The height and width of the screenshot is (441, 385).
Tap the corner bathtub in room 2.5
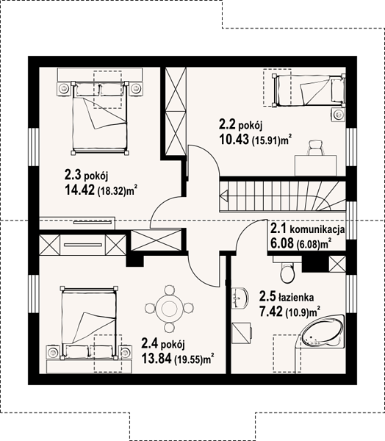tap(323, 334)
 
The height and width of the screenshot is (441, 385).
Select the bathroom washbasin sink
tap(240, 298)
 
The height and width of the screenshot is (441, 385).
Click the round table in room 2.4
tap(169, 309)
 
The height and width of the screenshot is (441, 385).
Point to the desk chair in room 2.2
tap(316, 148)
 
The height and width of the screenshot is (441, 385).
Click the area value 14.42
tap(79, 190)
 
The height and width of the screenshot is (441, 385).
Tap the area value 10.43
tap(234, 139)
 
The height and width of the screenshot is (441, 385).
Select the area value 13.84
tap(156, 359)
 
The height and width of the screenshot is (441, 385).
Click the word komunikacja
tap(317, 230)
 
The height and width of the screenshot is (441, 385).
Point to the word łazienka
tap(296, 297)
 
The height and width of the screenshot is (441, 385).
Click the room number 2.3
tap(73, 175)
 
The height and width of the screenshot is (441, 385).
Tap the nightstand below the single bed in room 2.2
tap(338, 115)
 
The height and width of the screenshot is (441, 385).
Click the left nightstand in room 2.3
tap(65, 90)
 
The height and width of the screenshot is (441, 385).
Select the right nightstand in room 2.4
tap(125, 352)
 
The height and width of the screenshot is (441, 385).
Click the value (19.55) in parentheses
tap(189, 359)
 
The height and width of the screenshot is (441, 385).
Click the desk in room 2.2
tap(315, 165)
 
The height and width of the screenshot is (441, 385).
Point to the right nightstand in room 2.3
tap(137, 90)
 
